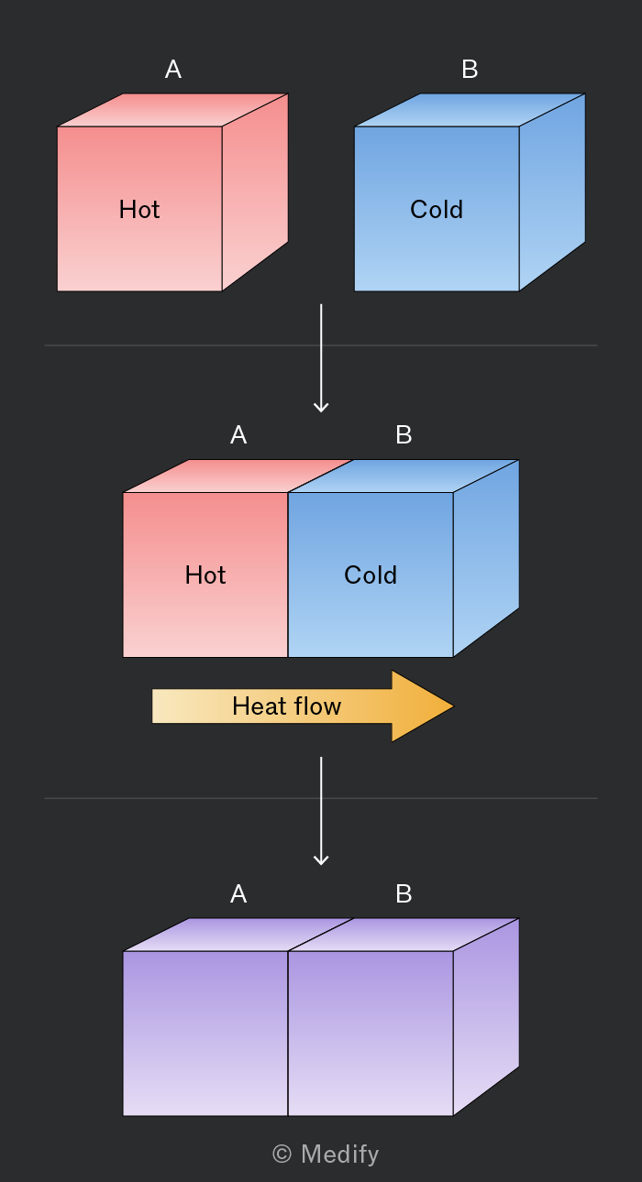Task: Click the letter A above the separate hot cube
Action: (x=173, y=69)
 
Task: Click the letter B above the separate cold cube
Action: (x=470, y=69)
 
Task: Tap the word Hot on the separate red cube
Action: (x=139, y=210)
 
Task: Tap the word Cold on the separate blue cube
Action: (x=437, y=210)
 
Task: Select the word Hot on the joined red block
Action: (x=205, y=575)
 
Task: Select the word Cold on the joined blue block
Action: (x=371, y=575)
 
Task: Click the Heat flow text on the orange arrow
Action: (x=287, y=706)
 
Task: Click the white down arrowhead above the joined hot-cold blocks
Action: (x=321, y=407)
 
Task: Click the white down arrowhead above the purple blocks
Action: (x=321, y=859)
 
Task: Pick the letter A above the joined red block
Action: (x=238, y=435)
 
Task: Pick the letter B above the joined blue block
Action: (x=404, y=435)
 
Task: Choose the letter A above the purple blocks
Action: (x=238, y=894)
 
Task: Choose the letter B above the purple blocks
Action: (x=404, y=894)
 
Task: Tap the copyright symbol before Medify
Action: (x=282, y=1154)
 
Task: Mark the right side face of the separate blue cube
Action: (x=552, y=192)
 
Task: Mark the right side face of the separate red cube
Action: (x=255, y=192)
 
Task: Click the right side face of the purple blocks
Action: (x=486, y=1017)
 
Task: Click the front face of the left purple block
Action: (x=205, y=1034)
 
